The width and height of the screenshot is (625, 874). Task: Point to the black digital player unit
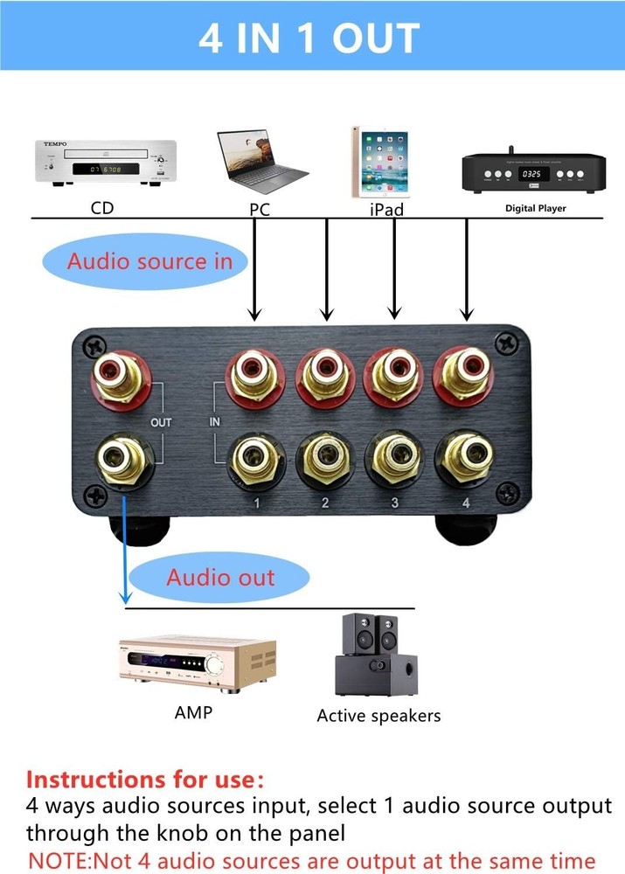tap(533, 173)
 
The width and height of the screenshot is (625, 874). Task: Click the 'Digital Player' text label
tap(536, 209)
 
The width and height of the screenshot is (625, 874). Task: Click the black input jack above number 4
tap(465, 455)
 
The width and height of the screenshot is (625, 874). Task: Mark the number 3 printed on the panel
tap(395, 503)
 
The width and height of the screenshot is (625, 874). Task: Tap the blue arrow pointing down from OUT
tap(126, 551)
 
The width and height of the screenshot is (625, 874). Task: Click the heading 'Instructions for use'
tap(144, 779)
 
